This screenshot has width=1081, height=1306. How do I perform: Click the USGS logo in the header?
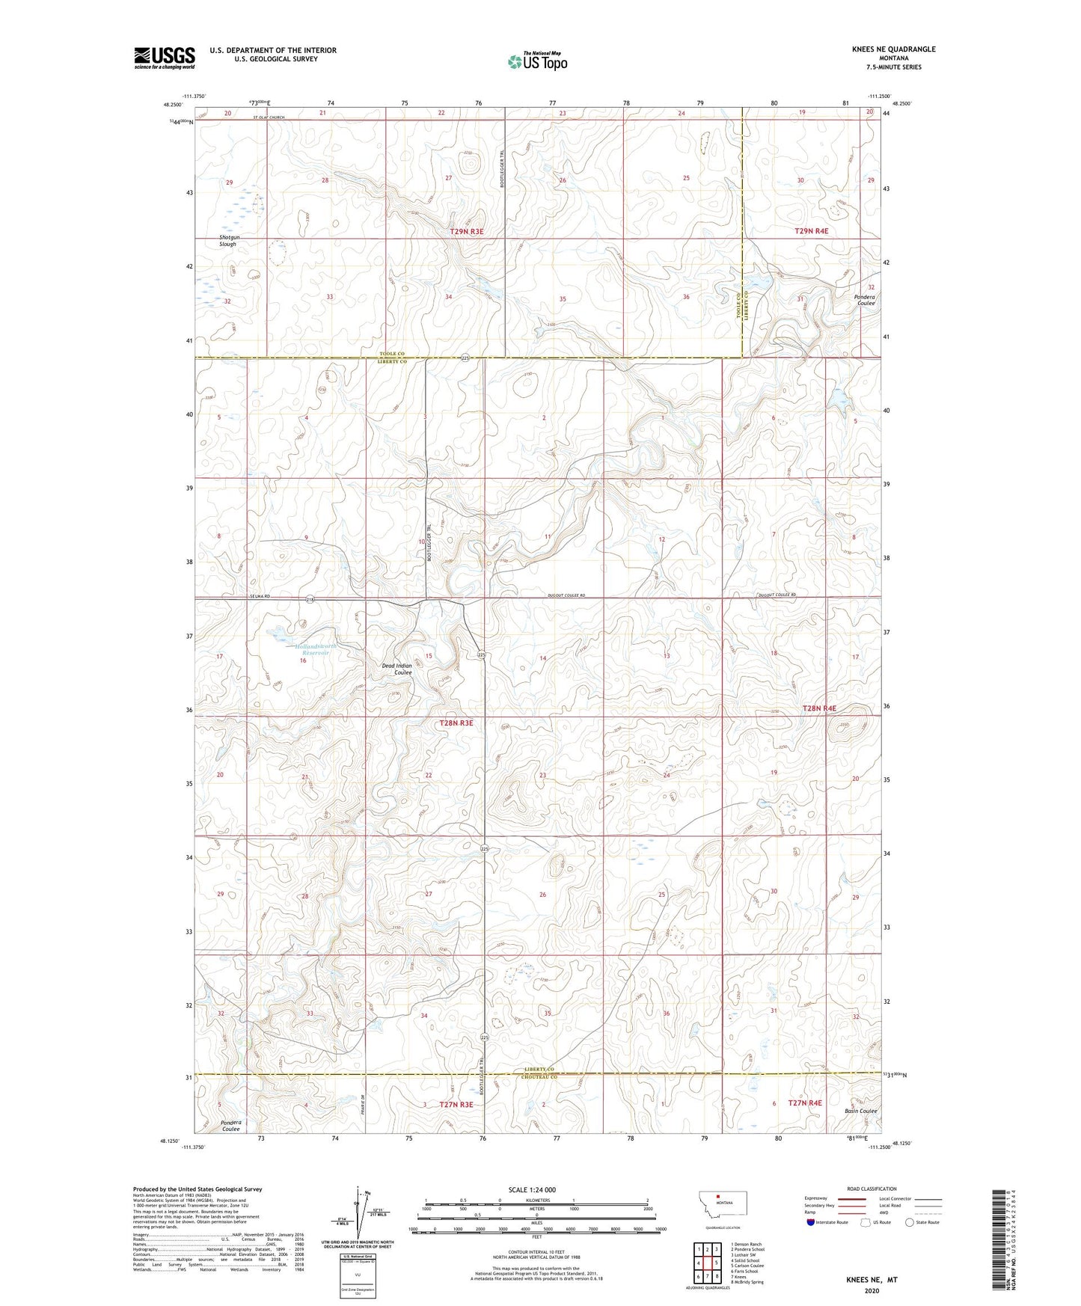click(164, 58)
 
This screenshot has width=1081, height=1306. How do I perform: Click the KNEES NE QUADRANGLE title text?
click(893, 49)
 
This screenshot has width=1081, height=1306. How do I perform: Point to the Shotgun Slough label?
click(227, 240)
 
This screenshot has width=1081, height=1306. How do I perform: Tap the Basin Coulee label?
click(860, 1111)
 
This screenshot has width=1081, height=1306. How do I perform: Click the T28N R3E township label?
click(456, 723)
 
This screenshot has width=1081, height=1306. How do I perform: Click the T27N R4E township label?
click(804, 1103)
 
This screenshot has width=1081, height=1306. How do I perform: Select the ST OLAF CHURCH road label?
click(269, 117)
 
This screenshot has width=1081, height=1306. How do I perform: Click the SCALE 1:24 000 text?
click(532, 1190)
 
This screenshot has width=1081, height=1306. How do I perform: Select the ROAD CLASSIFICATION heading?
click(872, 1189)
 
